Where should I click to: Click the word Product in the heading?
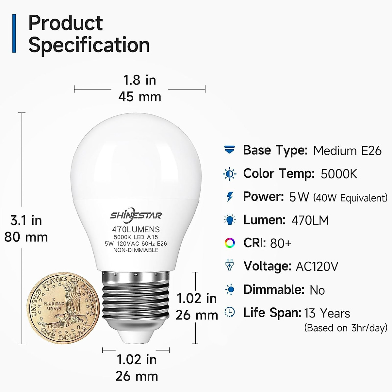(x=65, y=23)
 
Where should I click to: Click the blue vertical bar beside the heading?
(x=14, y=33)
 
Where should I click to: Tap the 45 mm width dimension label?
(x=140, y=97)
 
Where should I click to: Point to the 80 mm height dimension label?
(x=26, y=237)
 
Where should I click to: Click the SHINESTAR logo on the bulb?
(x=136, y=216)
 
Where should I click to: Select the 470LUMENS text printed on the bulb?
(x=136, y=230)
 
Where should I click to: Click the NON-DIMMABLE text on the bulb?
(x=136, y=250)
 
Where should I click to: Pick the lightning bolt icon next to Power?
(x=230, y=197)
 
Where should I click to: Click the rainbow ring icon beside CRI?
(x=230, y=243)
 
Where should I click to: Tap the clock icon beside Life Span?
(x=230, y=312)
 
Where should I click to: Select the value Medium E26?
(x=347, y=151)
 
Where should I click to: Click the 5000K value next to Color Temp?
(x=339, y=174)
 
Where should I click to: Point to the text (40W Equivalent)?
(x=350, y=198)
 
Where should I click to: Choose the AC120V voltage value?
(x=317, y=267)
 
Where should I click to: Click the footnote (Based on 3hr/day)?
(x=346, y=328)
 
